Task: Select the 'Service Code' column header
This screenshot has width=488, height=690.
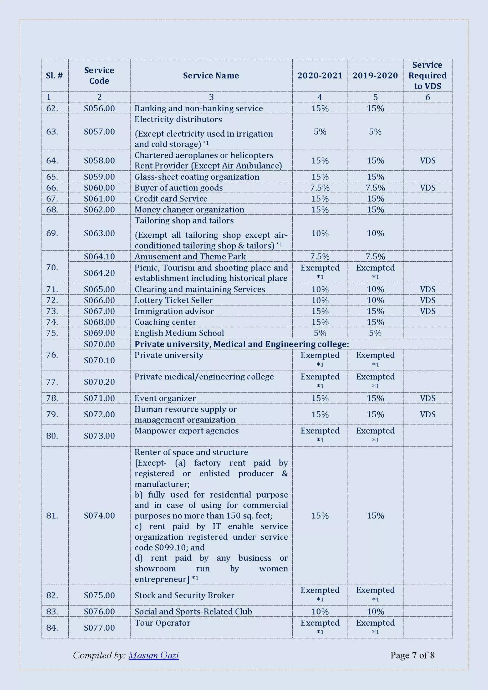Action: [x=99, y=75]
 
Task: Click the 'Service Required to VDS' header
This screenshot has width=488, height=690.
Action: [x=427, y=75]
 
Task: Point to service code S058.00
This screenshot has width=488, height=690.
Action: [x=99, y=160]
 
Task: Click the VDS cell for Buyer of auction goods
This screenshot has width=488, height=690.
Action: [x=427, y=188]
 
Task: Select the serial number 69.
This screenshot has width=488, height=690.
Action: [x=52, y=233]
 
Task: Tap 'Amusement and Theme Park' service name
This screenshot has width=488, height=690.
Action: [x=190, y=256]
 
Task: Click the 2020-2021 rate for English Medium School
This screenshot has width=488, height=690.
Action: [x=320, y=333]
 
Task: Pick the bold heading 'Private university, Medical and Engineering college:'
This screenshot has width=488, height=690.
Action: [x=242, y=344]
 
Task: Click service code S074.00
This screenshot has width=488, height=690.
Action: [x=99, y=516]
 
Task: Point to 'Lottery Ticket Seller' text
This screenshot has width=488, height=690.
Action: [x=173, y=300]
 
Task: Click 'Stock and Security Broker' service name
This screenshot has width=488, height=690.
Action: [x=184, y=595]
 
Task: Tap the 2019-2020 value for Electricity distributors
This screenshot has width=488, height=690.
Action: [x=375, y=132]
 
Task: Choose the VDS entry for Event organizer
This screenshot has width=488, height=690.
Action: [x=427, y=398]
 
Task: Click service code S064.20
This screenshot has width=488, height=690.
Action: [x=99, y=273]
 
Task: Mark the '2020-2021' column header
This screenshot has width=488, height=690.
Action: [x=320, y=75]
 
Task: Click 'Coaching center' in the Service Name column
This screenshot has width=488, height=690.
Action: [x=165, y=322]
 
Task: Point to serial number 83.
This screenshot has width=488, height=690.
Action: [x=52, y=612]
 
